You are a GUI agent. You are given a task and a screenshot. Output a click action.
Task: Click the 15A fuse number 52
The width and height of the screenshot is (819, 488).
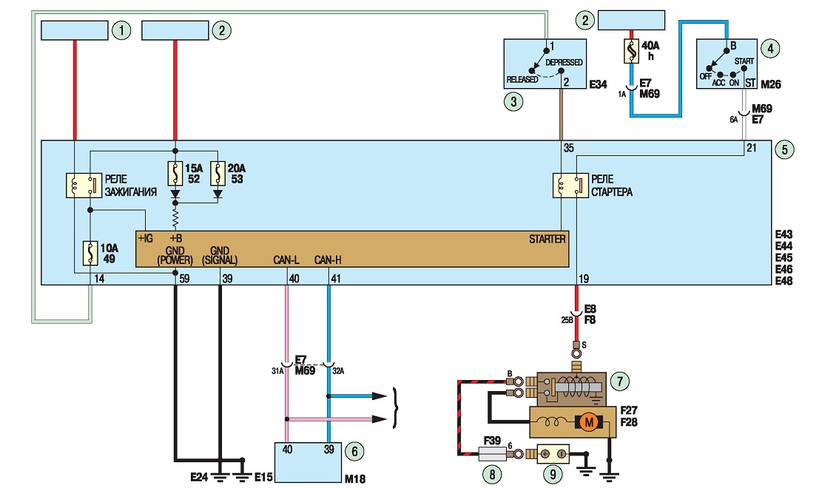(175, 174)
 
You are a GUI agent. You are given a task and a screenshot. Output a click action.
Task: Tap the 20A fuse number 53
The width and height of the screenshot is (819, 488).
(218, 174)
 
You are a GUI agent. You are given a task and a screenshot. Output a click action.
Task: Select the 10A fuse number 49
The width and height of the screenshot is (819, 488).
(90, 253)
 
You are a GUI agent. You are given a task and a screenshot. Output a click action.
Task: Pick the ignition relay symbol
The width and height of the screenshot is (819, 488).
(84, 186)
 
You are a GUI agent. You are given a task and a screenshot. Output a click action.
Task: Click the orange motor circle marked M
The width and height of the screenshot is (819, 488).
(589, 422)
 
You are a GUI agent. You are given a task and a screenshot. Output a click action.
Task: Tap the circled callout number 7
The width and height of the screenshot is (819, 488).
(619, 381)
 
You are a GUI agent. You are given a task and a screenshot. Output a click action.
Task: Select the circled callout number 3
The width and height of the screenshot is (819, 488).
(513, 101)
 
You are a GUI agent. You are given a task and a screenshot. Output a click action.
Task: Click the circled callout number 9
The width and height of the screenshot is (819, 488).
(553, 474)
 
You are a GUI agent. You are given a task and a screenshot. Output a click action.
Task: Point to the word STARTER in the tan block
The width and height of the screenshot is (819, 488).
(547, 239)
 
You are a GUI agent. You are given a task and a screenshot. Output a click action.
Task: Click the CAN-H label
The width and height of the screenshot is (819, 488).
(328, 260)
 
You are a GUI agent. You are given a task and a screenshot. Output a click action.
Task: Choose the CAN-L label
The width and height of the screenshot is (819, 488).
(286, 260)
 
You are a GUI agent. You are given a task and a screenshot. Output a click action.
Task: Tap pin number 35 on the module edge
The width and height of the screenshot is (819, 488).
(569, 148)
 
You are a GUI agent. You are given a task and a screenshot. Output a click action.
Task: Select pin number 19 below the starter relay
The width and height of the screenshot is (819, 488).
(584, 279)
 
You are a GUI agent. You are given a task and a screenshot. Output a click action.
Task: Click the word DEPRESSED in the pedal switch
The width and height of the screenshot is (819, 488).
(564, 62)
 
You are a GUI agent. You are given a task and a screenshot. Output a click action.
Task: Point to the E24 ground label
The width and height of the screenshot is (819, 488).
(199, 476)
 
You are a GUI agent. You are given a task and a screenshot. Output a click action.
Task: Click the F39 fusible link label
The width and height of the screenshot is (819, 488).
(492, 441)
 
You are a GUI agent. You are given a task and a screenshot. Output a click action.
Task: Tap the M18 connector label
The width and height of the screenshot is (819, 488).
(355, 478)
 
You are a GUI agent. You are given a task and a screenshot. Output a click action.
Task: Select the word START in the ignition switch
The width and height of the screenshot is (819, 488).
(744, 61)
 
